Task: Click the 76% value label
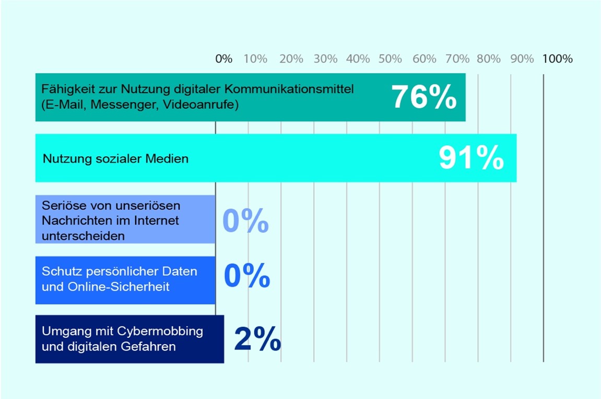(x=423, y=98)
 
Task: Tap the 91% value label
(x=471, y=158)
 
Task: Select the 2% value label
(x=257, y=339)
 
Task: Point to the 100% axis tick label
(x=557, y=59)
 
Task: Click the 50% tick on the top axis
(x=390, y=59)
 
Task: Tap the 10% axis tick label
(x=255, y=59)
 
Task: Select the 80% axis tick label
(x=488, y=59)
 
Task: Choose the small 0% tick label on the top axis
(x=223, y=59)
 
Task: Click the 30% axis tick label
(x=325, y=59)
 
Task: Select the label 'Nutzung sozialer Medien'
(x=115, y=159)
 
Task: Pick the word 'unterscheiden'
(x=83, y=236)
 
